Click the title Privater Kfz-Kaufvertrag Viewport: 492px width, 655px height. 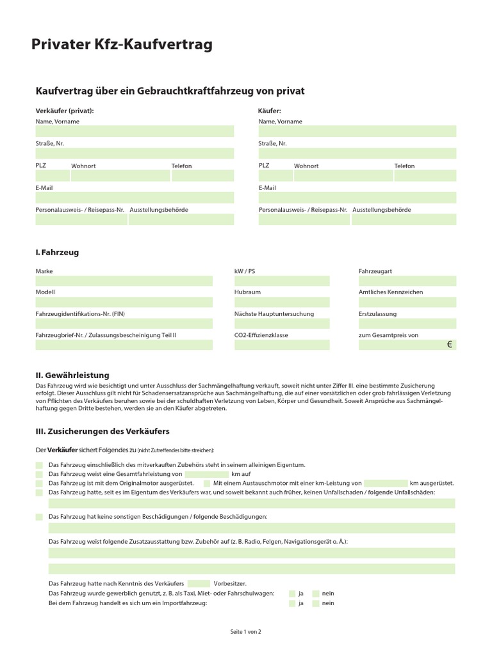point(122,44)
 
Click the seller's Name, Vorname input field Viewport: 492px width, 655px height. point(135,131)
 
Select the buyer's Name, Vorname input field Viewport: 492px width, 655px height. point(357,131)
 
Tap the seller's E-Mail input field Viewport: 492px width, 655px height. point(135,198)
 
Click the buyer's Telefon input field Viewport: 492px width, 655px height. point(425,176)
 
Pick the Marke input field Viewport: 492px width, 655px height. point(124,281)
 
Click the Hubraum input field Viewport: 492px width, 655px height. point(282,302)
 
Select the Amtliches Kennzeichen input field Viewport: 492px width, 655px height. point(407,302)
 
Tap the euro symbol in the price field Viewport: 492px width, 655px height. point(450,345)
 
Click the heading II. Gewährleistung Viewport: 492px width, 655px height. point(72,375)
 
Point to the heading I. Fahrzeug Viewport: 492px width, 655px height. point(57,252)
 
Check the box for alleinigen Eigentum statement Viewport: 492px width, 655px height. point(40,465)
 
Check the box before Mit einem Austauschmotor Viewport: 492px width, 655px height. point(206,484)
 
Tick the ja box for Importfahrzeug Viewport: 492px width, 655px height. point(292,603)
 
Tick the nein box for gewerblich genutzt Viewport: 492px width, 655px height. point(316,594)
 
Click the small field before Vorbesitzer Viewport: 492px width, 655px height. point(199,583)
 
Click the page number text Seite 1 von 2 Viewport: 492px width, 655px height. point(246,632)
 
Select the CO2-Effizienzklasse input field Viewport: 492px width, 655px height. point(282,345)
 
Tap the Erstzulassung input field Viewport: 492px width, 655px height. point(407,324)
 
